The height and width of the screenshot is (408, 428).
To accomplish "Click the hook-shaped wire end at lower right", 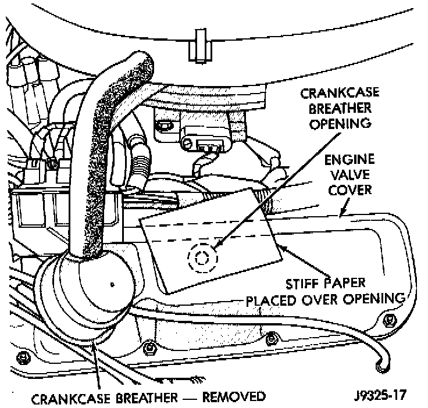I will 381,366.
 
